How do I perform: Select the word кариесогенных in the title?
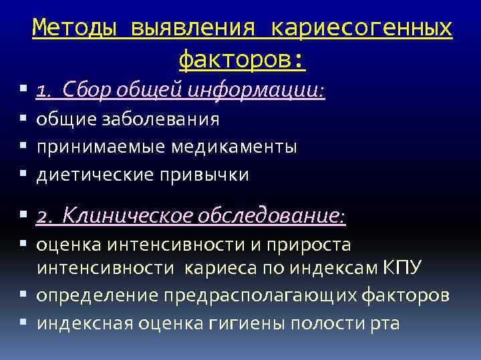pos(361,28)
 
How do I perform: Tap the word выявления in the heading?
pos(193,28)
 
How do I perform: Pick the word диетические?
pos(94,175)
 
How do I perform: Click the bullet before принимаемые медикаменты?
pos(23,147)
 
